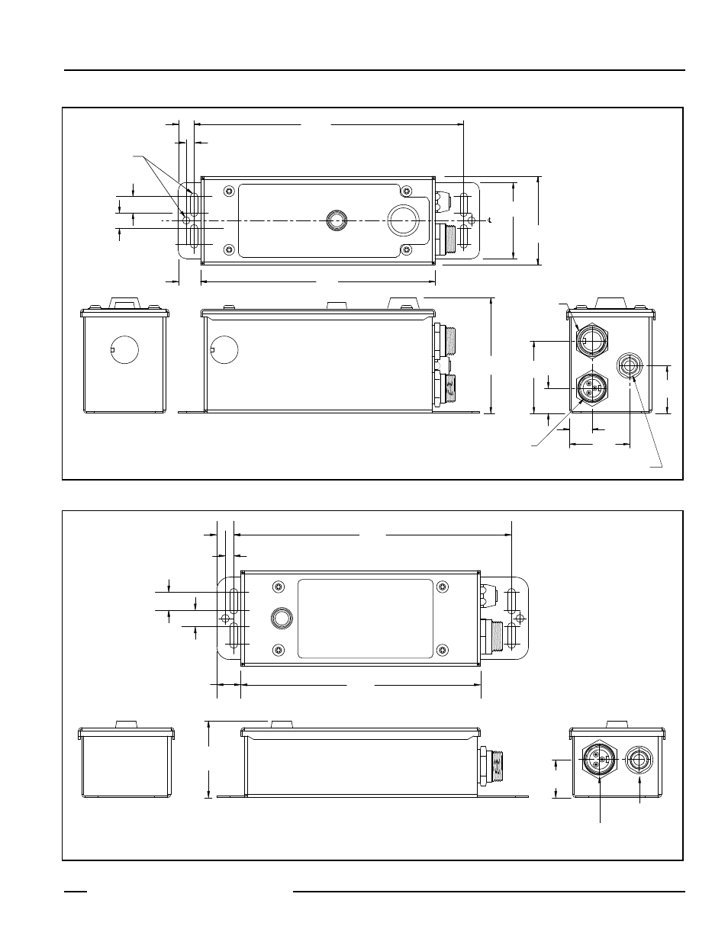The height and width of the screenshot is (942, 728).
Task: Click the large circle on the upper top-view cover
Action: [404, 220]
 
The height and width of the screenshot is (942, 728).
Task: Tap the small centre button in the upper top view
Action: [336, 220]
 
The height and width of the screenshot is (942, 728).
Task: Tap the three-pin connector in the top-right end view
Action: [589, 388]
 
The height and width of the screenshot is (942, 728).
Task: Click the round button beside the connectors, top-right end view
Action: [630, 366]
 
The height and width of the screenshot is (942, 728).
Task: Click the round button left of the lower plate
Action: [281, 618]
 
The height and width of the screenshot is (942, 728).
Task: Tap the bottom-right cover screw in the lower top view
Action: [442, 650]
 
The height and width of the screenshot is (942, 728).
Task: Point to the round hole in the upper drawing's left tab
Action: [188, 220]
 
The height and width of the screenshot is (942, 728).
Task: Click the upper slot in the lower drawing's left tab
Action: [235, 600]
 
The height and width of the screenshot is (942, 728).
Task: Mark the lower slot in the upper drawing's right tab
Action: [464, 236]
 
